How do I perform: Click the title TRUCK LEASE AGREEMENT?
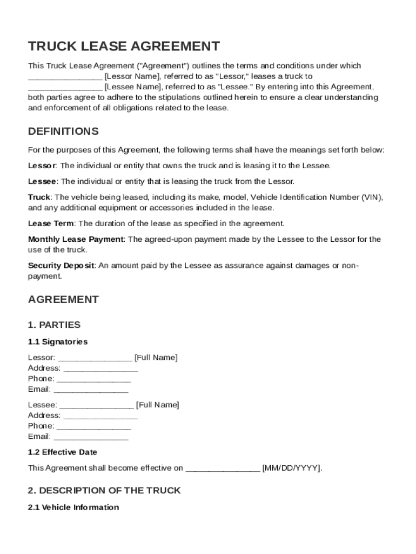pos(124,46)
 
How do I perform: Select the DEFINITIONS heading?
pos(63,131)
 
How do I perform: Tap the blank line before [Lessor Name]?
pos(65,77)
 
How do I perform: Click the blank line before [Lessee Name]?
pos(65,87)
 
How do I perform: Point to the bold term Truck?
pos(39,197)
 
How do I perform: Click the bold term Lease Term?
pos(51,223)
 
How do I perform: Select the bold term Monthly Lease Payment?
pos(76,239)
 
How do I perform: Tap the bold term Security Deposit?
pos(61,266)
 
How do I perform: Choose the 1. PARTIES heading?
pos(54,325)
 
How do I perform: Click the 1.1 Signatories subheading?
pos(57,342)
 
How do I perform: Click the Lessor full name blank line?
pos(95,358)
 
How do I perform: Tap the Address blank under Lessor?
pos(100,368)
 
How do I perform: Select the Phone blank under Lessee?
pos(93,426)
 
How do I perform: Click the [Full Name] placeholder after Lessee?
pos(157,405)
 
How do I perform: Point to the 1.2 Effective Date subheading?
pos(63,452)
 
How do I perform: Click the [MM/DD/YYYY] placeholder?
pos(292,469)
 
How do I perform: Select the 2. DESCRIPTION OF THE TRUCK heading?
pos(104,490)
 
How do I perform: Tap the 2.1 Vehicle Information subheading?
pos(73,507)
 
